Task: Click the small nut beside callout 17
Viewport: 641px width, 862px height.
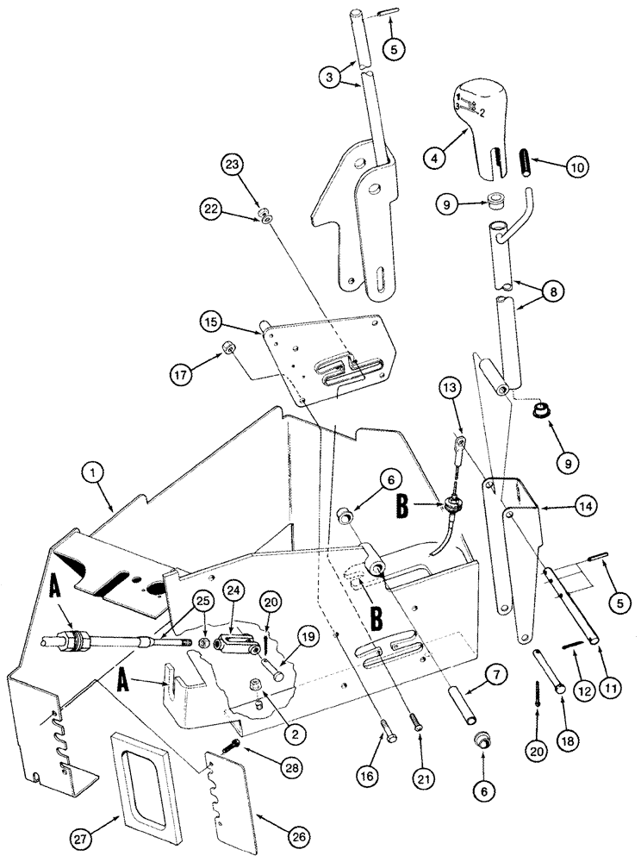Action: tap(229, 347)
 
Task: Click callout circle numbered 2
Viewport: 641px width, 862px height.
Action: tap(296, 734)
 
